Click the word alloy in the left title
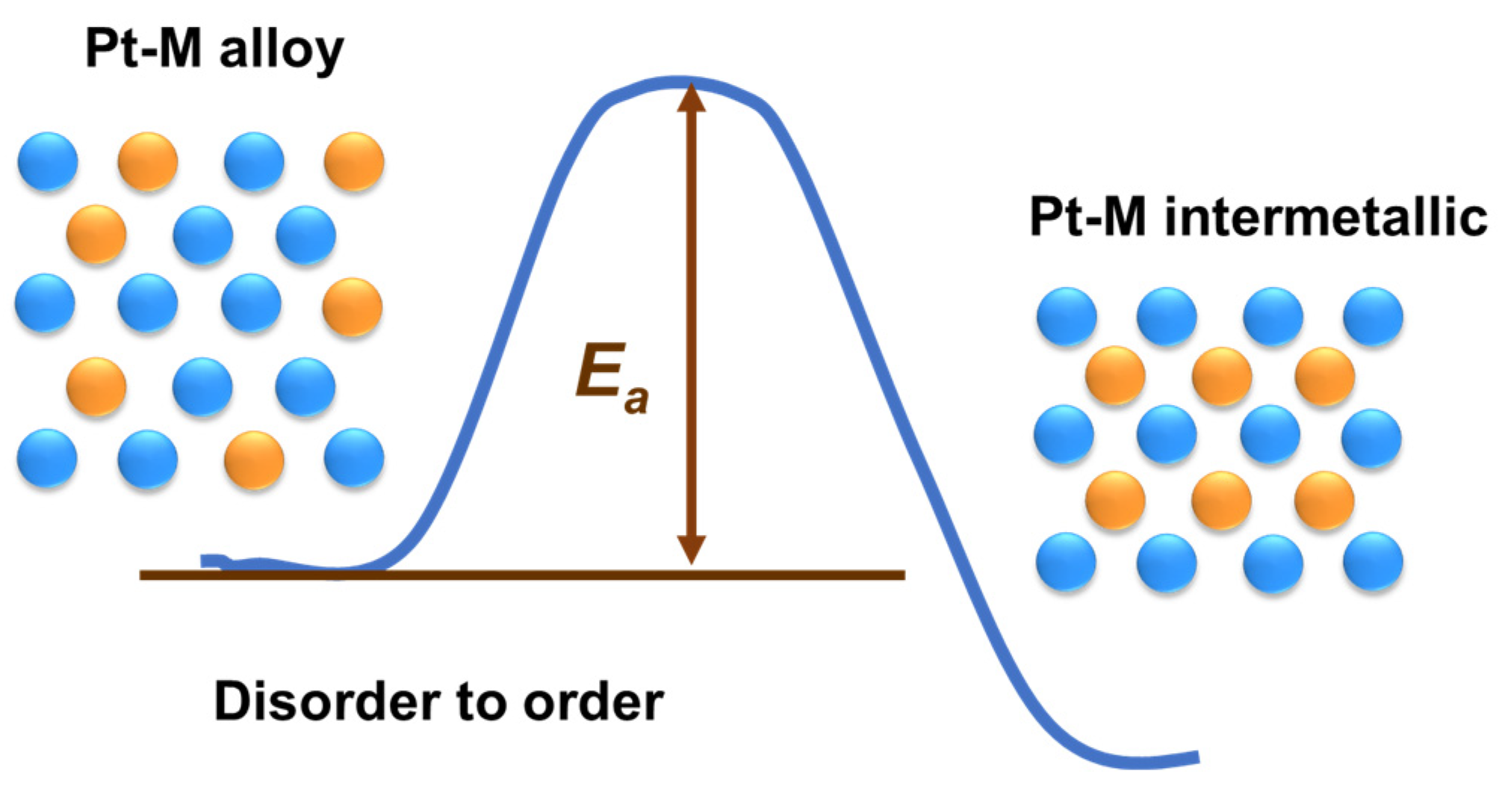[281, 51]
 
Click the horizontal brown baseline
[523, 575]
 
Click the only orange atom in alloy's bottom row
[254, 458]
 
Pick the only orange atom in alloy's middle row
[353, 306]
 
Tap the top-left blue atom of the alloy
[48, 161]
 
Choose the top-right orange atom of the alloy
[354, 161]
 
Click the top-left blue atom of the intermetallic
[1067, 316]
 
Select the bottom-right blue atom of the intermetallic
[1373, 562]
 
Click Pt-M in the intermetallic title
[1087, 218]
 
